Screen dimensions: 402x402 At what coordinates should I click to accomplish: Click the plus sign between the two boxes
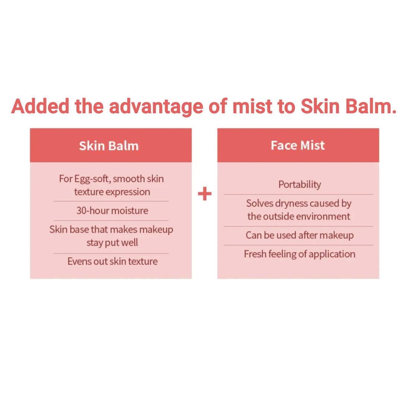pyautogui.click(x=205, y=194)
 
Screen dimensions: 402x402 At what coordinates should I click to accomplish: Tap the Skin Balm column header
pyautogui.click(x=109, y=146)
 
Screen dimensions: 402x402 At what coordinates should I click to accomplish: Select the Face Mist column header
pyautogui.click(x=298, y=146)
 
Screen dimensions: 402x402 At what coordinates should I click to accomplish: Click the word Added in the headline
pyautogui.click(x=40, y=106)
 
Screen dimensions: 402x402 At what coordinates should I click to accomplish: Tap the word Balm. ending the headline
pyautogui.click(x=371, y=106)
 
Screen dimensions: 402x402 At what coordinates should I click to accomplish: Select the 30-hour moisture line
pyautogui.click(x=112, y=210)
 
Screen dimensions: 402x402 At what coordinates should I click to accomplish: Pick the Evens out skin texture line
pyautogui.click(x=112, y=261)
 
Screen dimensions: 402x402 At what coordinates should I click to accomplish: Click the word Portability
pyautogui.click(x=300, y=185)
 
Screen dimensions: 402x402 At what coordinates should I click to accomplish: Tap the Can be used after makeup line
pyautogui.click(x=300, y=235)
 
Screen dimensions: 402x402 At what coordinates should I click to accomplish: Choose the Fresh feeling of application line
pyautogui.click(x=300, y=254)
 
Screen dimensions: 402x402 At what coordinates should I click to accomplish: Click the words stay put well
pyautogui.click(x=112, y=243)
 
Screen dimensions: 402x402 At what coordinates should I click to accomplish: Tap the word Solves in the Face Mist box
pyautogui.click(x=260, y=203)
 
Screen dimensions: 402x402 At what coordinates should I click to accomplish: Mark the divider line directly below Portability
pyautogui.click(x=299, y=194)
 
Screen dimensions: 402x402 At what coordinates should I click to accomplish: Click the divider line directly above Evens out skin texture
pyautogui.click(x=111, y=253)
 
